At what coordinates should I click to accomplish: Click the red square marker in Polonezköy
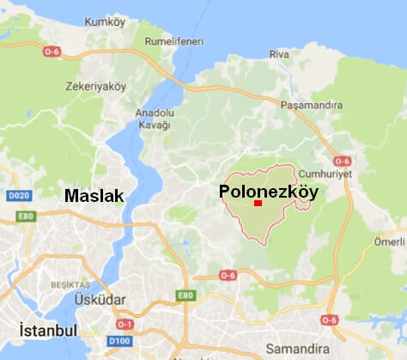pyautogui.click(x=258, y=203)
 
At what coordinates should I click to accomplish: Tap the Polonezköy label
pyautogui.click(x=268, y=192)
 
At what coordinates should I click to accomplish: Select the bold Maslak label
pyautogui.click(x=94, y=197)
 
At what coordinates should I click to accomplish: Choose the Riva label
pyautogui.click(x=279, y=54)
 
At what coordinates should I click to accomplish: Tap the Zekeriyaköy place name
pyautogui.click(x=95, y=87)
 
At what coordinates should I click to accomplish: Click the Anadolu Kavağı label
pyautogui.click(x=154, y=119)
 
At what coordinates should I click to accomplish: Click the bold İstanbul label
pyautogui.click(x=47, y=331)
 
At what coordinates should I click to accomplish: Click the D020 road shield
pyautogui.click(x=19, y=196)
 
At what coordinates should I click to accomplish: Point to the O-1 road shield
pyautogui.click(x=125, y=324)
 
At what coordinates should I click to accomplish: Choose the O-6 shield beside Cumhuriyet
pyautogui.click(x=343, y=161)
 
